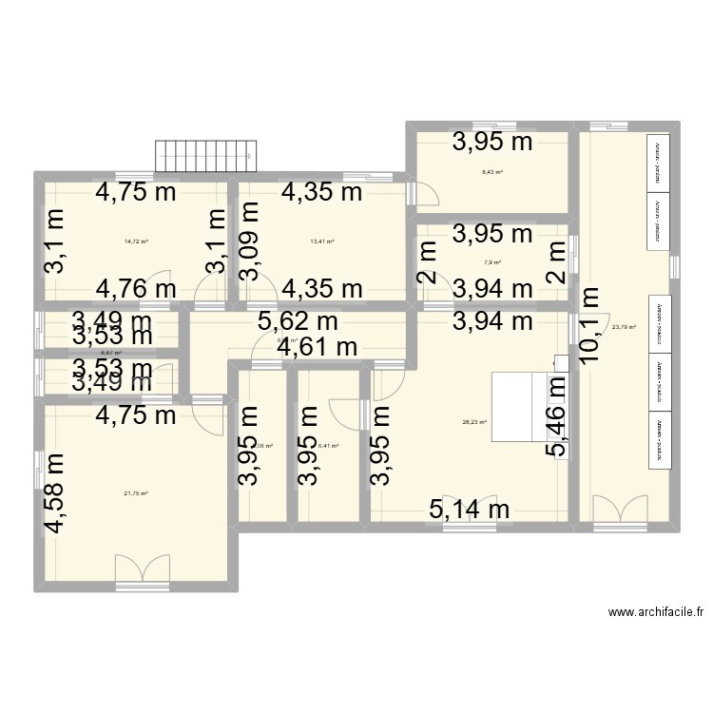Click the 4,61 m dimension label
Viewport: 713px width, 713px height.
(317, 348)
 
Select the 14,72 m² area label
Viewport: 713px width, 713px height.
(136, 241)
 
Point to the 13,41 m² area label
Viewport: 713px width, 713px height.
(322, 241)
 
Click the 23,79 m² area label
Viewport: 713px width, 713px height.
(624, 327)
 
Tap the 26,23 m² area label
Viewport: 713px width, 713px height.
(474, 423)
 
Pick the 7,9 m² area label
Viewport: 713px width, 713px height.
(491, 263)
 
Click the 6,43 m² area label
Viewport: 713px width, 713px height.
(491, 173)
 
